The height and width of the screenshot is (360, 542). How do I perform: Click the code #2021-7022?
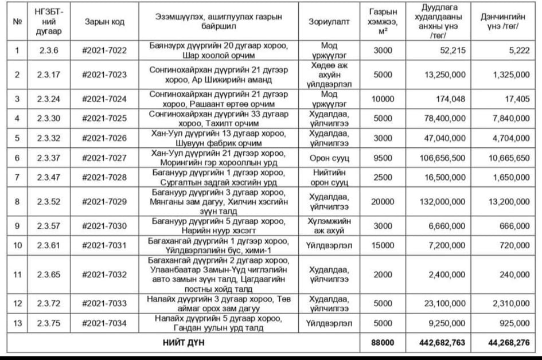[104, 50]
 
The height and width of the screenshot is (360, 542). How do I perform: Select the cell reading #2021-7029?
[104, 201]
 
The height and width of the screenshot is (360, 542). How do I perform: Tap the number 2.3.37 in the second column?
[49, 158]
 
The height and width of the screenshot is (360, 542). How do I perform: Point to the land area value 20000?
[383, 201]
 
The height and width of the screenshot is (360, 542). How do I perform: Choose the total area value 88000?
[383, 343]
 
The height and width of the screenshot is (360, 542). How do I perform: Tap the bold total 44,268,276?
[507, 343]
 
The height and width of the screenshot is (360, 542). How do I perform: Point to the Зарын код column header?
[104, 22]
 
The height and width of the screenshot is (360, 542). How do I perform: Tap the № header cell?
[17, 22]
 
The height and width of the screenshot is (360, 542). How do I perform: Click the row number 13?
[17, 323]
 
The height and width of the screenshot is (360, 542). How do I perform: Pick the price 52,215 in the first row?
[453, 50]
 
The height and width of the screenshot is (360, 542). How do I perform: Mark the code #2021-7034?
[104, 323]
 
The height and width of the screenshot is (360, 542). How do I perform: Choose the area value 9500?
[383, 158]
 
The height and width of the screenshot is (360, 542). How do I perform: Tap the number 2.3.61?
[49, 245]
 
